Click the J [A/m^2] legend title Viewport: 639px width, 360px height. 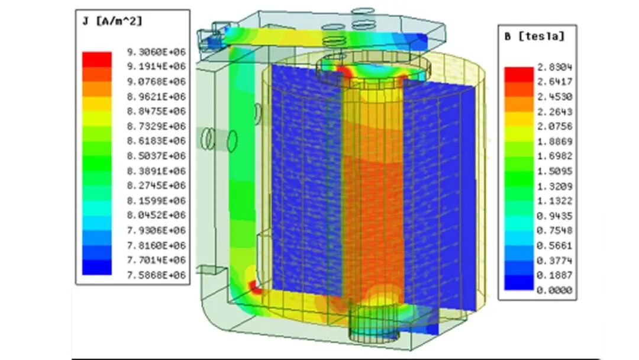coord(112,21)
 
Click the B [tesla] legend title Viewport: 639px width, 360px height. coord(534,36)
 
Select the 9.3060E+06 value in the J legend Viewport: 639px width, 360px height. coord(156,52)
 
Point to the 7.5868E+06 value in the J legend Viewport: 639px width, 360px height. coord(156,275)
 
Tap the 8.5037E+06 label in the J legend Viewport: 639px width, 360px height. coord(156,156)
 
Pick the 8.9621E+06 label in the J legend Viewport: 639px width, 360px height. coord(156,97)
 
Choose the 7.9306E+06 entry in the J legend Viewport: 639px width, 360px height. coord(156,230)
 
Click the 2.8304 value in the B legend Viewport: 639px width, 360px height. coord(554,67)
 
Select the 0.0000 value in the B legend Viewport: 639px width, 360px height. coord(554,290)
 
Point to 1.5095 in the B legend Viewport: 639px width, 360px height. coord(554,171)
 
